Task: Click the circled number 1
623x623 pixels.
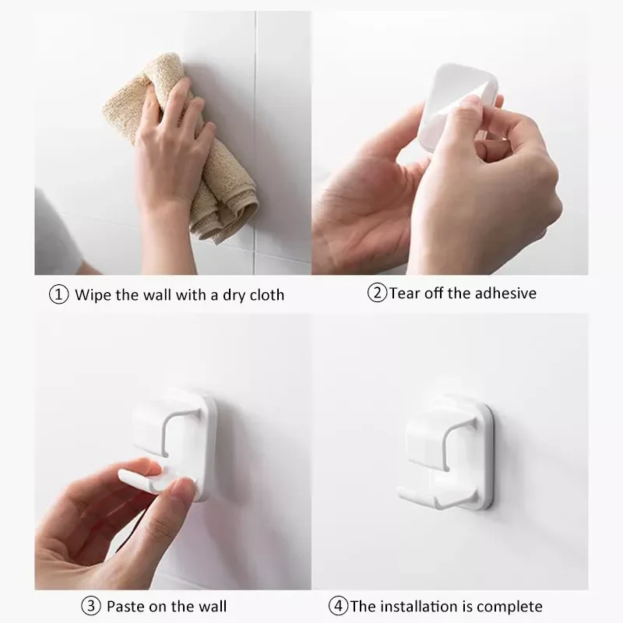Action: (x=59, y=295)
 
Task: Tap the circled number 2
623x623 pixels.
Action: (x=378, y=294)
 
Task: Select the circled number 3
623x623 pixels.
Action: (x=90, y=605)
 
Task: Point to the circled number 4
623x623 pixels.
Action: (x=338, y=605)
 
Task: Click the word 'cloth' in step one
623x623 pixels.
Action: (x=266, y=295)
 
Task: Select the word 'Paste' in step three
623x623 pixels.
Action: (x=123, y=605)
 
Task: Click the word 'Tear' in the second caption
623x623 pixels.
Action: (x=403, y=294)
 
